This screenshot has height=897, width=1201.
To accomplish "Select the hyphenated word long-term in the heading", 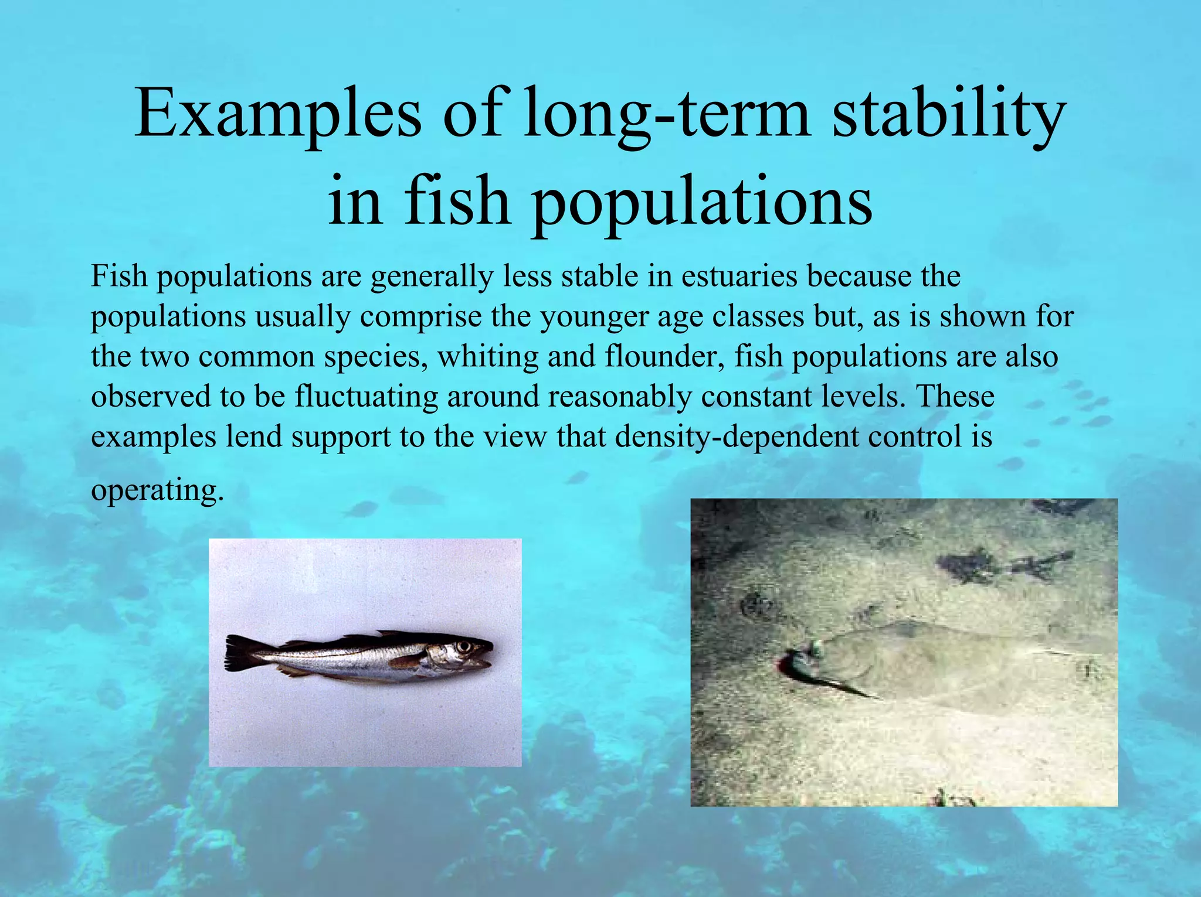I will [x=666, y=114].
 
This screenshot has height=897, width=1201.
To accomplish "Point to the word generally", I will [x=432, y=277].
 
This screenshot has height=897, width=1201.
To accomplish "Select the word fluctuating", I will [x=366, y=397].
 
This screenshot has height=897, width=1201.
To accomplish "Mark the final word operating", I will [x=157, y=490].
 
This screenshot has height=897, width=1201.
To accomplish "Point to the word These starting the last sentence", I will [x=955, y=397].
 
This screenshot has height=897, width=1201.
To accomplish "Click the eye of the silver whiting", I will [x=464, y=647].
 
